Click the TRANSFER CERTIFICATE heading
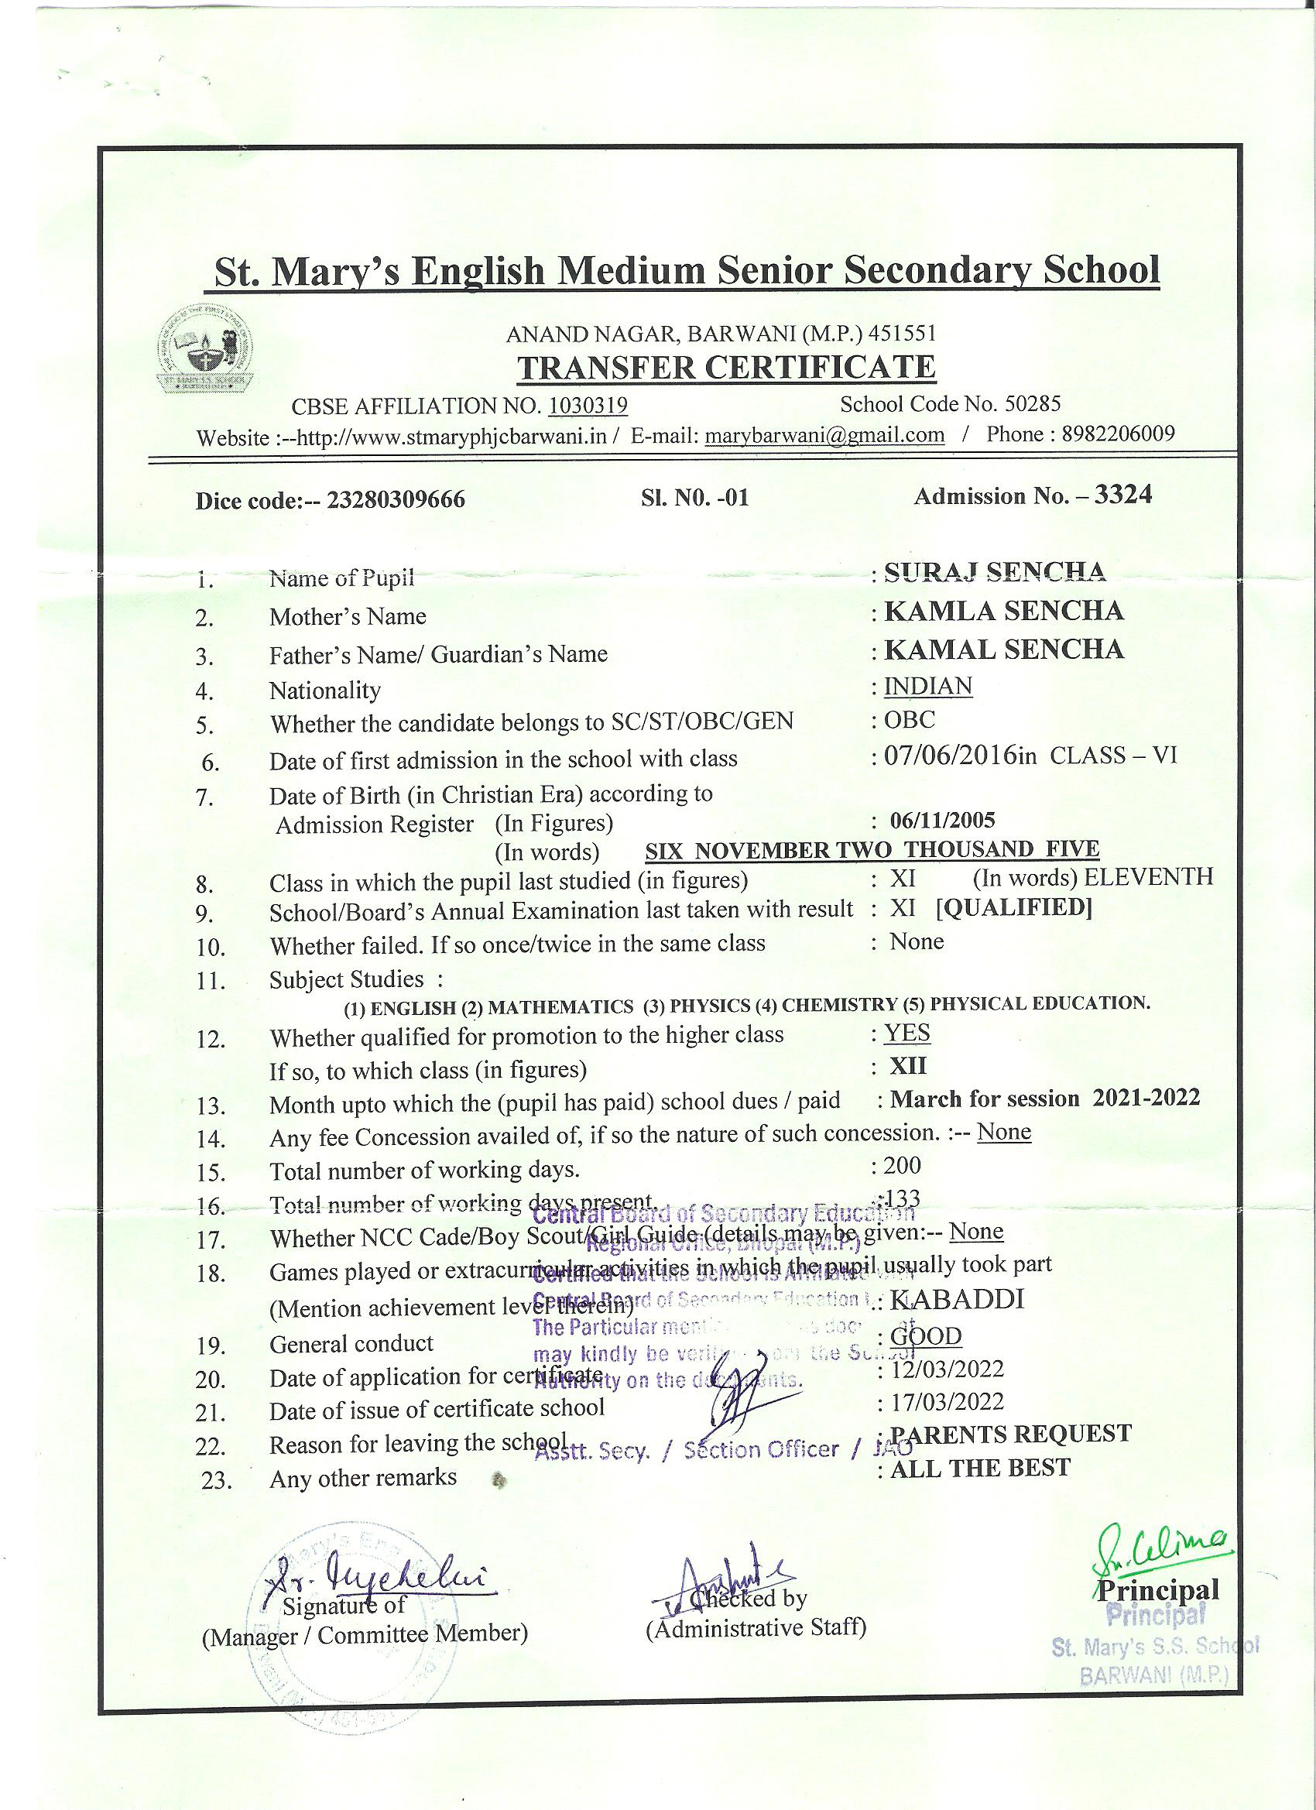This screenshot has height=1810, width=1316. pos(726,368)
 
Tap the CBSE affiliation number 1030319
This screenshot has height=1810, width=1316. pos(588,406)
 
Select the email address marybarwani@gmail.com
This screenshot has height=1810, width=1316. pos(824,435)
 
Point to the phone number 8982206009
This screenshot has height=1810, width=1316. pos(1117,434)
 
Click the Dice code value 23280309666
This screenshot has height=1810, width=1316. pos(396,500)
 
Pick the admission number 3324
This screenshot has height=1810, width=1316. pos(1123,495)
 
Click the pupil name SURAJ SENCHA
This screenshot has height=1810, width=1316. pos(995,571)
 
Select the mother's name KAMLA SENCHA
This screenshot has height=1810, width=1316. pos(1004,612)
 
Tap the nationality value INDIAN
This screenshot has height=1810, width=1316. pos(927,687)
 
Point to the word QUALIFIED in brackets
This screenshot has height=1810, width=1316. pos(1013,908)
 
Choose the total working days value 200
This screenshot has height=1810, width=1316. pos(902,1165)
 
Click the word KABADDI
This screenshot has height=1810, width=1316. pos(956,1300)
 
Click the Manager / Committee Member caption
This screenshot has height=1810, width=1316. pos(365,1635)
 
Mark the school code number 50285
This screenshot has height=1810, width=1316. pos(1032,404)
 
